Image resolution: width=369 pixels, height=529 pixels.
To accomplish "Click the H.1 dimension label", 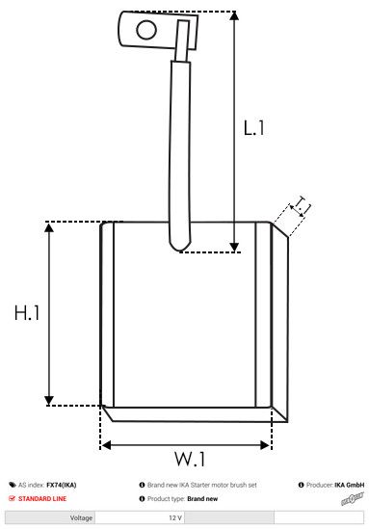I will [x=26, y=313].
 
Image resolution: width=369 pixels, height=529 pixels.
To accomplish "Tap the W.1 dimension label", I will [x=191, y=458].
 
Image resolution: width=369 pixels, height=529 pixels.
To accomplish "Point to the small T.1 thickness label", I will [x=302, y=205].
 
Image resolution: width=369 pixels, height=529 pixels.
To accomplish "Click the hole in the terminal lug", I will [x=145, y=29].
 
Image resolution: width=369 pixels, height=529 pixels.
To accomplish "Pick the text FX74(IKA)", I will [x=61, y=486].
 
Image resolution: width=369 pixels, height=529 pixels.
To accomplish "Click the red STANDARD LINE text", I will [x=42, y=499].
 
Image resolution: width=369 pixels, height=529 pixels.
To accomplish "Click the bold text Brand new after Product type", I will [x=202, y=499].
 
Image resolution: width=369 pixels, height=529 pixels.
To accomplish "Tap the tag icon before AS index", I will [x=11, y=486].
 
